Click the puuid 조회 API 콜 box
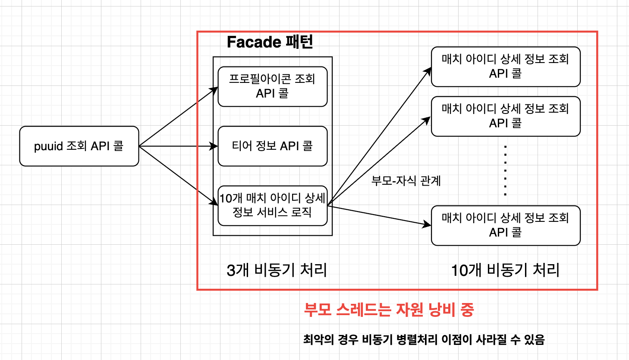tap(79, 146)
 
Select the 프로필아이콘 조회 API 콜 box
tap(272, 86)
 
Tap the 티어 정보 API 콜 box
tap(272, 146)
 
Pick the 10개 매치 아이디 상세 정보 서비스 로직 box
tap(272, 205)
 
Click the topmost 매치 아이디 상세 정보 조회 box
tap(505, 66)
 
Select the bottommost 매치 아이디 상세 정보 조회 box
tap(505, 225)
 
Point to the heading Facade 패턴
tap(270, 42)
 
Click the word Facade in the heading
tap(254, 42)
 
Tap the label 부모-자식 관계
tap(406, 180)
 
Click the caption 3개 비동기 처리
tap(277, 270)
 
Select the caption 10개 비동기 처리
tap(505, 270)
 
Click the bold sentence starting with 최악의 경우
tap(424, 339)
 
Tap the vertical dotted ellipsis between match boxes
tap(505, 171)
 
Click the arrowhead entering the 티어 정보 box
tap(214, 146)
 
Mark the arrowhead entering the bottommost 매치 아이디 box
tap(427, 224)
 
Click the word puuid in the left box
tap(48, 147)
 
